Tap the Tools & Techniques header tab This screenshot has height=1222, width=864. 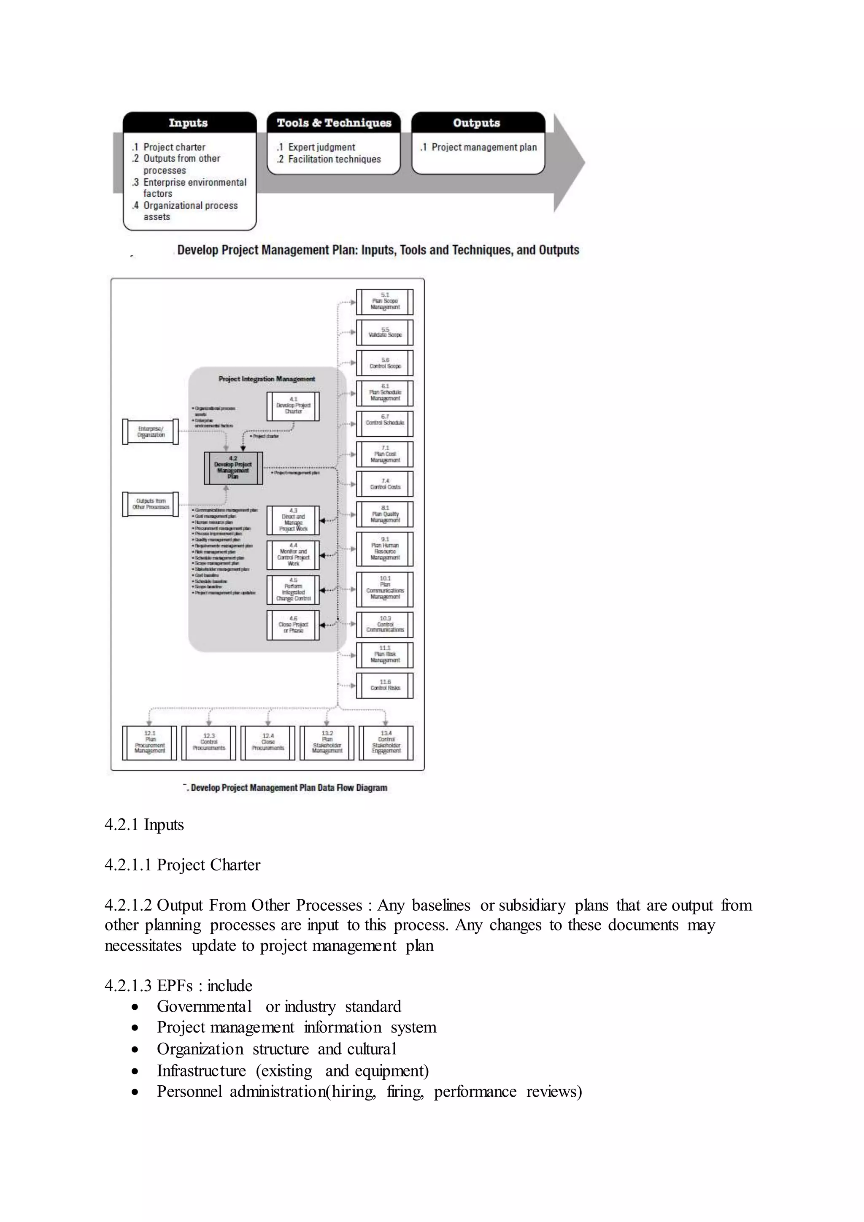point(334,122)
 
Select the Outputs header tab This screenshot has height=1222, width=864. point(477,122)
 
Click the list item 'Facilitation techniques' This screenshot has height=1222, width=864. point(334,159)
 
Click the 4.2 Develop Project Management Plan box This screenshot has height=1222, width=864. point(233,468)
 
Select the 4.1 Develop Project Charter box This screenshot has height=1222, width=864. point(293,406)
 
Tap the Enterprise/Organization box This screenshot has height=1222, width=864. point(151,431)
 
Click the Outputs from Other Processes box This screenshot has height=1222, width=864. point(151,504)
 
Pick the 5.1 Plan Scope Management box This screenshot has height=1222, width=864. point(385,301)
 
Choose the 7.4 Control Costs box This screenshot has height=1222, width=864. point(385,484)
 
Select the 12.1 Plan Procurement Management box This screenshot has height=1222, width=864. point(149,743)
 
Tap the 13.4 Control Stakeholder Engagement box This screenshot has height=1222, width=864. point(386,743)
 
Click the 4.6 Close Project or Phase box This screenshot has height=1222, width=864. point(293,625)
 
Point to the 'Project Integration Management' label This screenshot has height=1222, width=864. point(267,379)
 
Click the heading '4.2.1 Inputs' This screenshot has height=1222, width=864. point(144,825)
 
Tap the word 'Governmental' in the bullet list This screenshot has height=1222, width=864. point(204,1006)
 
